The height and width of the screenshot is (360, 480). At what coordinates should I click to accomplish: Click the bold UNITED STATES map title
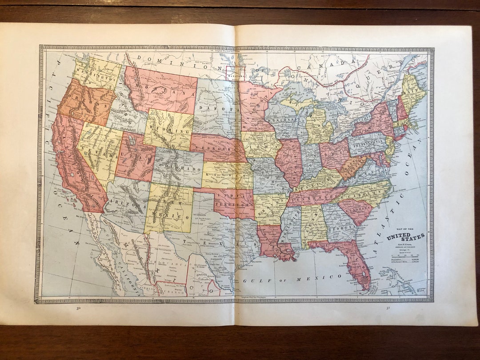[405, 236]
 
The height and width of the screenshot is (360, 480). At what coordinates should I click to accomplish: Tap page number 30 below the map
[78, 308]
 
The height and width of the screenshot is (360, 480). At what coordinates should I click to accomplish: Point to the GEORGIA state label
[343, 226]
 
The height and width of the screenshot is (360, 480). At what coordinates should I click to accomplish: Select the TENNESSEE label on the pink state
[316, 196]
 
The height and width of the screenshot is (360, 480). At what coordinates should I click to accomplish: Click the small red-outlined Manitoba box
[236, 73]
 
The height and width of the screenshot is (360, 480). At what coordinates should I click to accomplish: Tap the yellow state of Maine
[411, 89]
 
